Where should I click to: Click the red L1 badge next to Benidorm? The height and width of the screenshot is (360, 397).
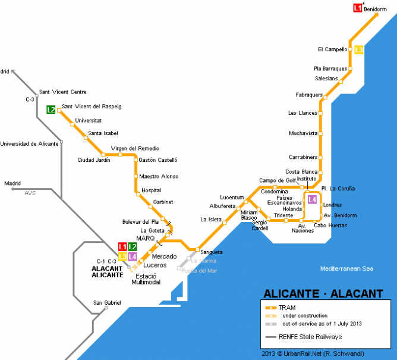tap(357, 8)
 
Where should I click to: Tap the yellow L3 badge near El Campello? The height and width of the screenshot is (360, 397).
tap(359, 49)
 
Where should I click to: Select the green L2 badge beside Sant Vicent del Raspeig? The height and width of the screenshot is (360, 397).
tap(51, 109)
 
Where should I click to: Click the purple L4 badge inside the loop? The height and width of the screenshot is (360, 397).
tap(312, 199)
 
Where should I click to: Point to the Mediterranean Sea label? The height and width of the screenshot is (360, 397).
tap(347, 269)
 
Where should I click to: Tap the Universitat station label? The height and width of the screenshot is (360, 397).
tap(89, 121)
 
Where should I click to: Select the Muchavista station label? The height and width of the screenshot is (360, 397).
tap(303, 133)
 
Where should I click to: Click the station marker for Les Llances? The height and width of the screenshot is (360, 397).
tap(320, 112)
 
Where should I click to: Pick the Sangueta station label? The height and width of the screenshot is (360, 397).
tap(212, 252)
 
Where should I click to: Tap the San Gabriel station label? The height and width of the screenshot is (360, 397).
tap(107, 303)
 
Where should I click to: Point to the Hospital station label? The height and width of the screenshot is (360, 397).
tap(151, 190)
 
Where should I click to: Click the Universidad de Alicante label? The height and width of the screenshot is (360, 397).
tap(29, 143)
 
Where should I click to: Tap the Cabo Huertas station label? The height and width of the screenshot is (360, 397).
tap(330, 226)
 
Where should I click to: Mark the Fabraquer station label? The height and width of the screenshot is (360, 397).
tap(309, 95)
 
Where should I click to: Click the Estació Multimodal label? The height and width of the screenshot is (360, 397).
tap(149, 279)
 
